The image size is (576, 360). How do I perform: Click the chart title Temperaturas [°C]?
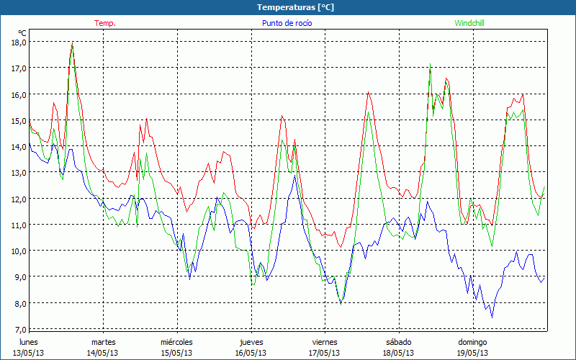point(295,7)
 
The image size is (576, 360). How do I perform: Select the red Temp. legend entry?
point(105,23)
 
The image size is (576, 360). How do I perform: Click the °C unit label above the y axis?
point(22,33)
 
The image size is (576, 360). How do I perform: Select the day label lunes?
point(29,342)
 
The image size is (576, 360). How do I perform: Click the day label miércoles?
point(176,342)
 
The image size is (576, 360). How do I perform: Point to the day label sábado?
point(398,342)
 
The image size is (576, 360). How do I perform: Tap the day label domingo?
point(472,342)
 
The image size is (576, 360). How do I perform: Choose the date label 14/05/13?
point(103,353)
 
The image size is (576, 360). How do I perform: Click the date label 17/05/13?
point(325,353)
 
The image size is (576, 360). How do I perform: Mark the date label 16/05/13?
point(251,353)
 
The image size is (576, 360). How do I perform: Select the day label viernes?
point(325,342)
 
